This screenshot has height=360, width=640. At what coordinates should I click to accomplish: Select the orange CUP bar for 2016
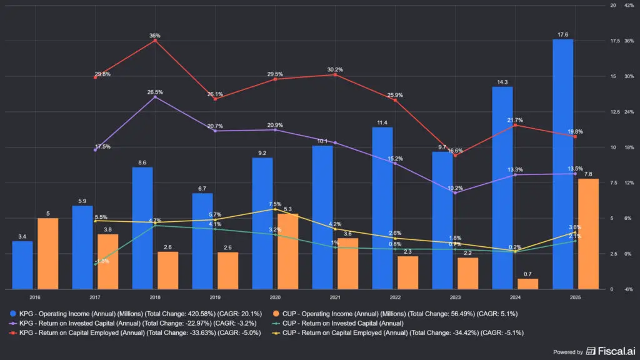(x=47, y=254)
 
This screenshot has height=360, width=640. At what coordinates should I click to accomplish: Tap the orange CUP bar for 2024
(x=528, y=284)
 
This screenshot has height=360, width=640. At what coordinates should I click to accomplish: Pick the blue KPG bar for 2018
(x=142, y=228)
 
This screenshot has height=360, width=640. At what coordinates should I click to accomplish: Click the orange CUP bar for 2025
(x=588, y=234)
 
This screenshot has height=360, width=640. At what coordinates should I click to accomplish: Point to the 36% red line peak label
(x=155, y=36)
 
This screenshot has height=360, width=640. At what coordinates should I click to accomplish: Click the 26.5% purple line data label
(x=155, y=92)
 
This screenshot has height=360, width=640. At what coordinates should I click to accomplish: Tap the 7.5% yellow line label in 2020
(x=275, y=204)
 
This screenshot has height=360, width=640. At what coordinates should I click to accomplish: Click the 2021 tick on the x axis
(x=335, y=298)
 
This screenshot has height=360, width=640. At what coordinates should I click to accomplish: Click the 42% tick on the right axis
(x=629, y=6)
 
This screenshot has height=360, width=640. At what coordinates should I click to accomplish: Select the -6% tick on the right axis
(x=629, y=289)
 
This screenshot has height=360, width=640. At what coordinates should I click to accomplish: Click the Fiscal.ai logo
(x=609, y=351)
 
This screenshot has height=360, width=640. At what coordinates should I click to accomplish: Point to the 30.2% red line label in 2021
(x=335, y=69)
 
